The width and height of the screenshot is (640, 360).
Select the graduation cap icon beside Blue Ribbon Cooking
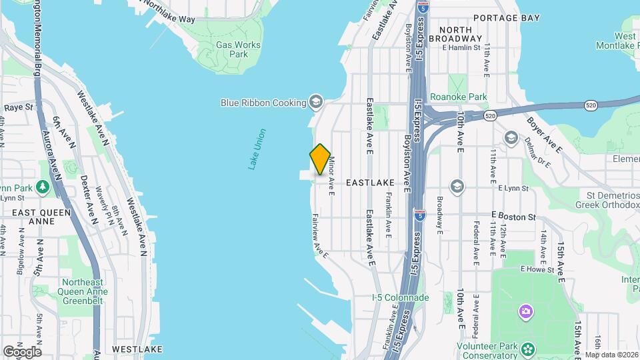tap(316, 103)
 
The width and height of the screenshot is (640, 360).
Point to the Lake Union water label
tap(257, 149)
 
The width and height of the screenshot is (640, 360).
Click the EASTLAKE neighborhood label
tap(371, 181)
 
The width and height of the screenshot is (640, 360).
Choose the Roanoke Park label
tap(459, 97)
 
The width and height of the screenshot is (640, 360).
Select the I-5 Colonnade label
tap(400, 297)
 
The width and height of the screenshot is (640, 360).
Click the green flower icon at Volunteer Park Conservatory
tap(528, 349)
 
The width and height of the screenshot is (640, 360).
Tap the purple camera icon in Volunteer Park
tap(526, 311)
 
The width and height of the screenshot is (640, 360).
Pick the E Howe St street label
tap(537, 269)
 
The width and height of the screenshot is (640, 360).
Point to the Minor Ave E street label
tap(331, 176)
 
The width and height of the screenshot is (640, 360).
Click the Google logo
tap(22, 351)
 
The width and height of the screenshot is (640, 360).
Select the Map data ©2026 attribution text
tap(611, 355)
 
